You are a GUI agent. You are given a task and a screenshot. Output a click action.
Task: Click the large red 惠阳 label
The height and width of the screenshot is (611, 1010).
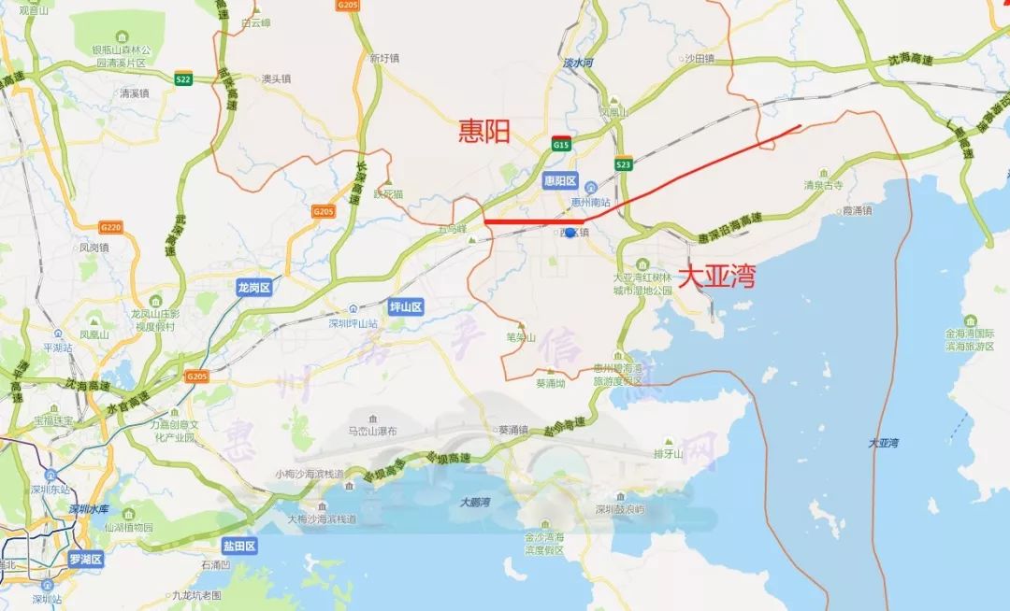[483, 132]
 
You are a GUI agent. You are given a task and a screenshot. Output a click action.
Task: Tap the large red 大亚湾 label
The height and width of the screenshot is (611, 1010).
[716, 276]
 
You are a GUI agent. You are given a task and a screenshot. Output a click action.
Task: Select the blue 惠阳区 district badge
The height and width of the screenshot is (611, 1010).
[561, 181]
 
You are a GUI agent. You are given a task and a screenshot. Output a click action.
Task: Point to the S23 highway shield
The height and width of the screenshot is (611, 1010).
[623, 164]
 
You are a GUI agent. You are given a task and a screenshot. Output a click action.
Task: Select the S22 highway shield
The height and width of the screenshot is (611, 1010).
[183, 79]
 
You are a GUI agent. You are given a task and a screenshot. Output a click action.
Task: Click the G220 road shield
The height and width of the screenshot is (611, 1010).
[110, 227]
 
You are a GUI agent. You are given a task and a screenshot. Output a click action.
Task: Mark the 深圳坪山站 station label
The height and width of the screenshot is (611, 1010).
[346, 323]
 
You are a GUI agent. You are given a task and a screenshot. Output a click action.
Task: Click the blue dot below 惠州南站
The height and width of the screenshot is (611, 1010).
[570, 232]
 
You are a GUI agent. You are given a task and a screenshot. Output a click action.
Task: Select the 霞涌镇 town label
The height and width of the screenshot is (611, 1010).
[857, 211]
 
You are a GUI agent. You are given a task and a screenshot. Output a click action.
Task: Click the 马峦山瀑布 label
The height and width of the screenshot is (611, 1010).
[367, 432]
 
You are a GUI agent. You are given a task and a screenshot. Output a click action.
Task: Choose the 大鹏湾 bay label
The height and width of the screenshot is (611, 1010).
[476, 503]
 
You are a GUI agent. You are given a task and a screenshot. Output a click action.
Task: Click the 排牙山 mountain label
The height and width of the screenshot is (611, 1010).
[669, 455]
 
